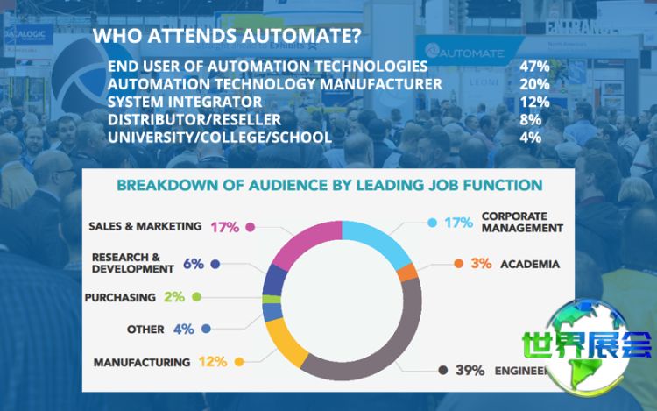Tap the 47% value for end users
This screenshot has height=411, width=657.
coord(533,67)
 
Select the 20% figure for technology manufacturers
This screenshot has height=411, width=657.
coord(533,84)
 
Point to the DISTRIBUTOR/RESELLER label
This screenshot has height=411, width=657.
coord(194,119)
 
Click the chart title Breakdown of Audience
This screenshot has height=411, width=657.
coord(328,186)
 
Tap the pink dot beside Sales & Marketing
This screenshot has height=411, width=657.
coord(251,227)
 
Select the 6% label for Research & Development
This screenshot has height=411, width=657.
coord(194,263)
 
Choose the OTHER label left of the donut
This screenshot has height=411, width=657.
coord(145,330)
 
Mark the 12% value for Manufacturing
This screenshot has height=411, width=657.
coord(212,361)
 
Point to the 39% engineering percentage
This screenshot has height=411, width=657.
coord(470,370)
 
